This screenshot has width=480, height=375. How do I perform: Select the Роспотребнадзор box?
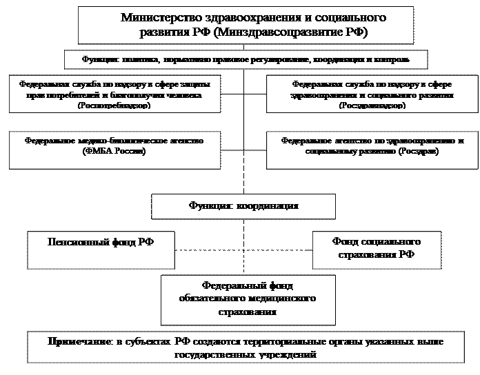pyautogui.click(x=114, y=94)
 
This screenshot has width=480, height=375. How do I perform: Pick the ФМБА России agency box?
pyautogui.click(x=114, y=146)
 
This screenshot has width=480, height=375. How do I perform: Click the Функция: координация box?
pyautogui.click(x=243, y=206)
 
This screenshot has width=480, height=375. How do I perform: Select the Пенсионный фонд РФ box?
pyautogui.click(x=101, y=249)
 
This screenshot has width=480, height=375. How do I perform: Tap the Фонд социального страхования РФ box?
pyautogui.click(x=377, y=249)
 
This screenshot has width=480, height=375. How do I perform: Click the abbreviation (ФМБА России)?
pyautogui.click(x=114, y=151)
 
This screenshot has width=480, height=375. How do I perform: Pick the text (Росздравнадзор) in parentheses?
pyautogui.click(x=372, y=106)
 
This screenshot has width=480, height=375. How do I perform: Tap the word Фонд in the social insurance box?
pyautogui.click(x=346, y=243)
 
